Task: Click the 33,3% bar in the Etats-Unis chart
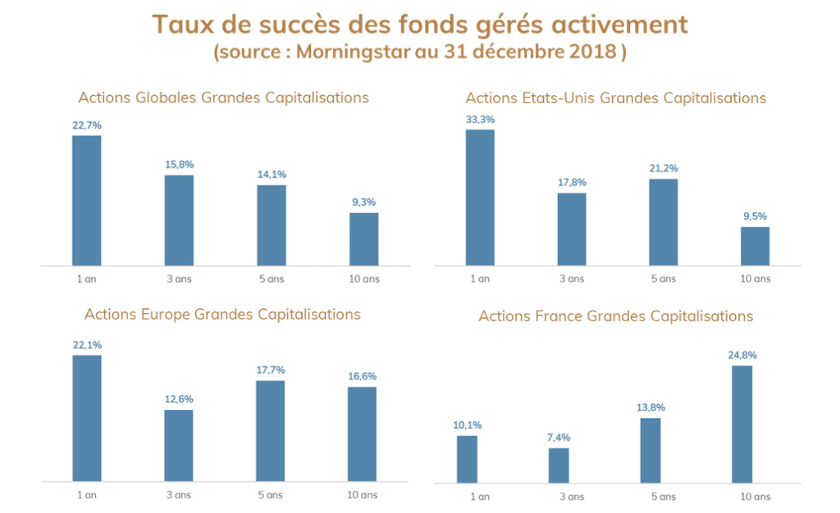480,197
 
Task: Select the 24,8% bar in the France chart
742,424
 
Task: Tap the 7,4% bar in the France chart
559,465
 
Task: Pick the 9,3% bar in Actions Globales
364,239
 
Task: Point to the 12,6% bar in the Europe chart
178,445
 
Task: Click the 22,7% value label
87,125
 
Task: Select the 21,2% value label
664,169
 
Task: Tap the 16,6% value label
362,376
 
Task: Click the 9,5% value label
756,216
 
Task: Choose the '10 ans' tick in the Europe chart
363,495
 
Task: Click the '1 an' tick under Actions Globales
87,279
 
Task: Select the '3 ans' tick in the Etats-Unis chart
572,279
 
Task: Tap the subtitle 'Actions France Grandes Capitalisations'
616,316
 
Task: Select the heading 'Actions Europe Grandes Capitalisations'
222,314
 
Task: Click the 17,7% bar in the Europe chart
270,430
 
